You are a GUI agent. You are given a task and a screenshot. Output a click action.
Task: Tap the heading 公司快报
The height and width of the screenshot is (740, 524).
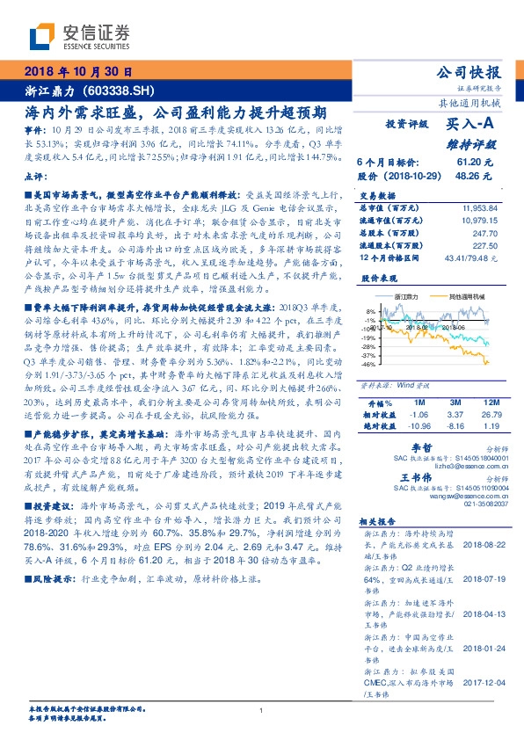click(475, 73)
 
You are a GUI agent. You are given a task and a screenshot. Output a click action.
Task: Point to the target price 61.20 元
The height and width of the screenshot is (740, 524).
click(477, 163)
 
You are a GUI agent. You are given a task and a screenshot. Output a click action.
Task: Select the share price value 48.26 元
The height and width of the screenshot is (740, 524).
click(477, 175)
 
